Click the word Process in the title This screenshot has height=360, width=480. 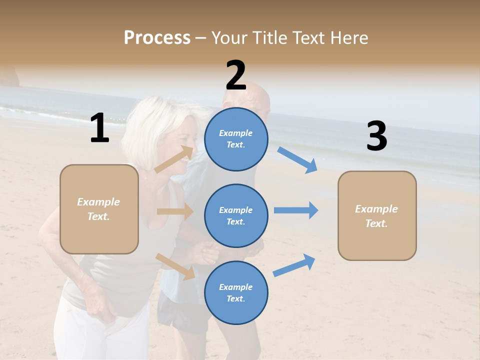(x=157, y=37)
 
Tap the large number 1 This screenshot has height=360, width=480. (x=99, y=128)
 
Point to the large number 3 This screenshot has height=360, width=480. (x=376, y=136)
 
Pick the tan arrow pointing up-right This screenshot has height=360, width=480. (x=174, y=159)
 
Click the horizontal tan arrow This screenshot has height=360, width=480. (x=175, y=211)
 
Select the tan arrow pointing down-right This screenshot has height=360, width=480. (x=175, y=266)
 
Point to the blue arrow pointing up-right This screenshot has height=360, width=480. (x=294, y=265)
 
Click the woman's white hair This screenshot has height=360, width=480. (x=150, y=117)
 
